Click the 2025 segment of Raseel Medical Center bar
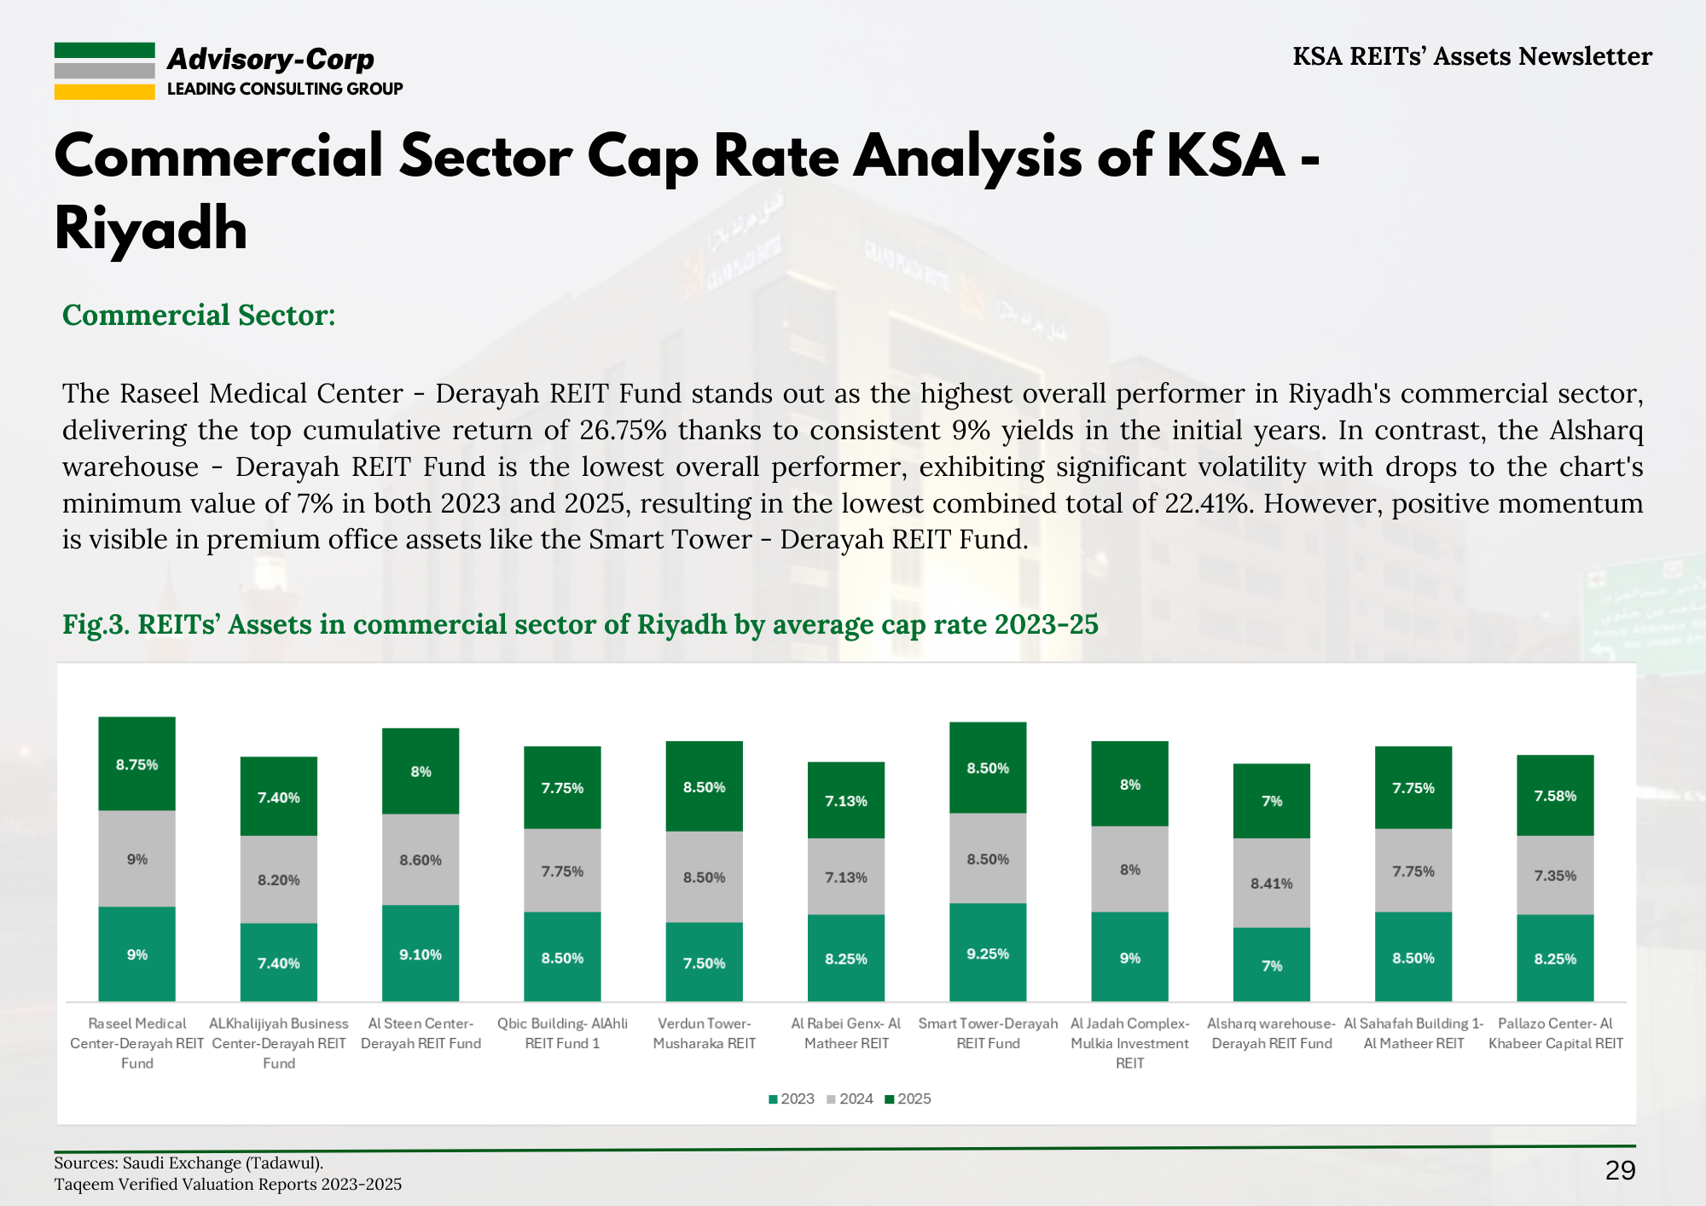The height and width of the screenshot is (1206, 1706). [x=136, y=763]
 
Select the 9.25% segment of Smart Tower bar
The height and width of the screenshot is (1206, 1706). [x=988, y=953]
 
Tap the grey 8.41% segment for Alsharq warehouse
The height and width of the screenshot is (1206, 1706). [x=1271, y=883]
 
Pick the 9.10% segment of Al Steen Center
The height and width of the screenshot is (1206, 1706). [x=421, y=954]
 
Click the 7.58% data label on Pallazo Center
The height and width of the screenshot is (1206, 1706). [x=1555, y=796]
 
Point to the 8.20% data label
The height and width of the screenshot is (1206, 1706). [x=279, y=879]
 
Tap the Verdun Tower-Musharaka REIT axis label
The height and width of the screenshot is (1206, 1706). [x=705, y=1033]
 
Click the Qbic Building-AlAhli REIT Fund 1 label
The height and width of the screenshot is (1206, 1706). [x=562, y=1033]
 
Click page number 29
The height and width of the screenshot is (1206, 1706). [x=1620, y=1170]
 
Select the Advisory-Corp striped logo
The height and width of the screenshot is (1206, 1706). [x=104, y=71]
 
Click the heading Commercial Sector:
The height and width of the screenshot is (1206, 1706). [x=199, y=315]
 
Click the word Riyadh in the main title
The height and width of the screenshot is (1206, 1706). [x=151, y=229]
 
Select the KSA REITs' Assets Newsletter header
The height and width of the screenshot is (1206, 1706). [x=1471, y=56]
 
